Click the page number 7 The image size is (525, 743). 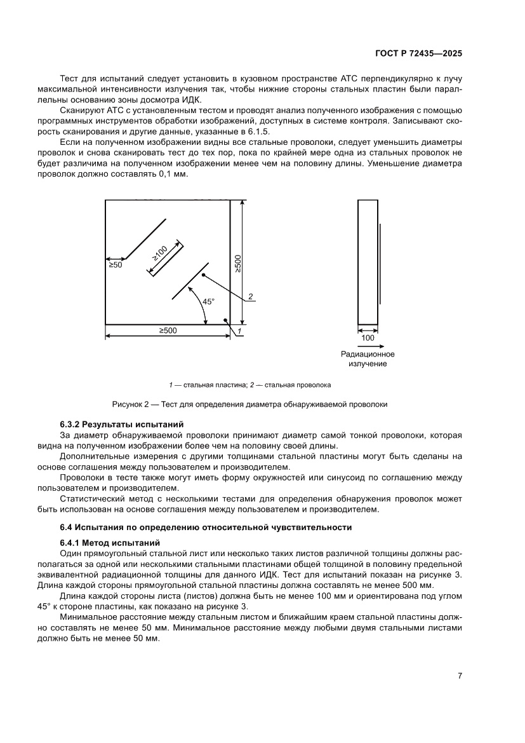[x=459, y=676]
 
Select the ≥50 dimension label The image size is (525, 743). [x=115, y=265]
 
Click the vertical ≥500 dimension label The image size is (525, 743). [x=237, y=264]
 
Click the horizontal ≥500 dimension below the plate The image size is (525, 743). [x=168, y=330]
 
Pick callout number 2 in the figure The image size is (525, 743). [x=251, y=297]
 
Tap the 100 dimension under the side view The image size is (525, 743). [x=368, y=338]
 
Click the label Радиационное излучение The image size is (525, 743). [x=368, y=358]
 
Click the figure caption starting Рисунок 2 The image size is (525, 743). [x=249, y=404]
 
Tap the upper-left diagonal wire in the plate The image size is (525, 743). [x=146, y=238]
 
